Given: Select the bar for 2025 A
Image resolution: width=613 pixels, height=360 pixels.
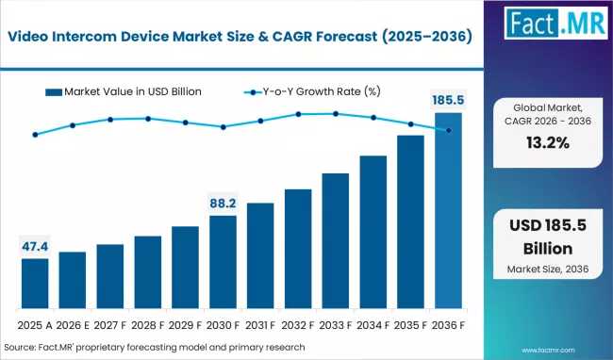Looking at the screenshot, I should coord(35,284).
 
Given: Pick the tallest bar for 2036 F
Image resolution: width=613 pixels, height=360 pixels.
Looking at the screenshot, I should coord(448,212).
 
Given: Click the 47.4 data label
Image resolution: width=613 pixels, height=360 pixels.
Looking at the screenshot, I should coord(35,247).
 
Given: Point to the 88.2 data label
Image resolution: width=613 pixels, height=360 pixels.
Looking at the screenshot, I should coord(223,203).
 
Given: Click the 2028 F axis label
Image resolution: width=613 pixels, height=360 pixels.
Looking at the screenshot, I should coord(148,325).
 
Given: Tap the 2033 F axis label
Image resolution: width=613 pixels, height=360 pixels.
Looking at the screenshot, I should coord(335,325).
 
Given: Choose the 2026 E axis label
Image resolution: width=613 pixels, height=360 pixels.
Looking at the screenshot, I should coord(73,325).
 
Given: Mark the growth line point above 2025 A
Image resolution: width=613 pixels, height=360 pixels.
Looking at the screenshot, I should coord(35,135).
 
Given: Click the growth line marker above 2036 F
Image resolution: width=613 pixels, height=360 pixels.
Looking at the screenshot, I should coord(448,130).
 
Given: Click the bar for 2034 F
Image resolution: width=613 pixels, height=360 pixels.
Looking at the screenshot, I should coord(373,233).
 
